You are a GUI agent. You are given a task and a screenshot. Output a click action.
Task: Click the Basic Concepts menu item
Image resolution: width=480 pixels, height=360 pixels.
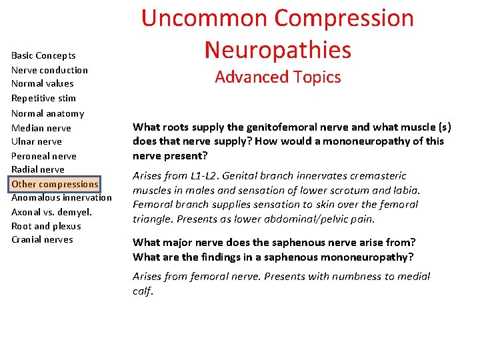tap(43, 55)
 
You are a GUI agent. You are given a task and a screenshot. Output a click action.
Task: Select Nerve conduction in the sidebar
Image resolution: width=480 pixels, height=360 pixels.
tap(49, 70)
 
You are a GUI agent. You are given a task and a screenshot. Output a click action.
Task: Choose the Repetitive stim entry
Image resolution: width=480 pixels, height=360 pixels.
tap(43, 98)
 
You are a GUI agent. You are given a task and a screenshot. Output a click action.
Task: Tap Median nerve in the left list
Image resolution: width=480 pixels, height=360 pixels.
tap(41, 128)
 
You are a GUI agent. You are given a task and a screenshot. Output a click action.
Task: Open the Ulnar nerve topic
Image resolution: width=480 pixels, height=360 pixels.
tap(37, 141)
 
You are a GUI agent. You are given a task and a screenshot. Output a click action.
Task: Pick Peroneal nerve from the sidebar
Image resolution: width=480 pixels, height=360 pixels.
tap(44, 156)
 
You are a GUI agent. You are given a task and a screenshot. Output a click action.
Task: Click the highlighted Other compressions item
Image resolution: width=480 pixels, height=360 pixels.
tap(55, 183)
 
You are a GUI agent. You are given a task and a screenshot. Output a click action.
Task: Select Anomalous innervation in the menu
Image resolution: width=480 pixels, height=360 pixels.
tap(61, 197)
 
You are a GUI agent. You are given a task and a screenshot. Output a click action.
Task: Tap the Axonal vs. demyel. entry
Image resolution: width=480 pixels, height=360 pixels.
tap(51, 212)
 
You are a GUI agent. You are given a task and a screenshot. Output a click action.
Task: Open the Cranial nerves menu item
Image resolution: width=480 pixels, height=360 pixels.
tap(42, 239)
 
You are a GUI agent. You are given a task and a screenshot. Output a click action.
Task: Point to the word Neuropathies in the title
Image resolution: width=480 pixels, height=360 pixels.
tap(277, 49)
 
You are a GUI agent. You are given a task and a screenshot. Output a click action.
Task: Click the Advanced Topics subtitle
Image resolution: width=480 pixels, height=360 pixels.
tap(277, 77)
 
